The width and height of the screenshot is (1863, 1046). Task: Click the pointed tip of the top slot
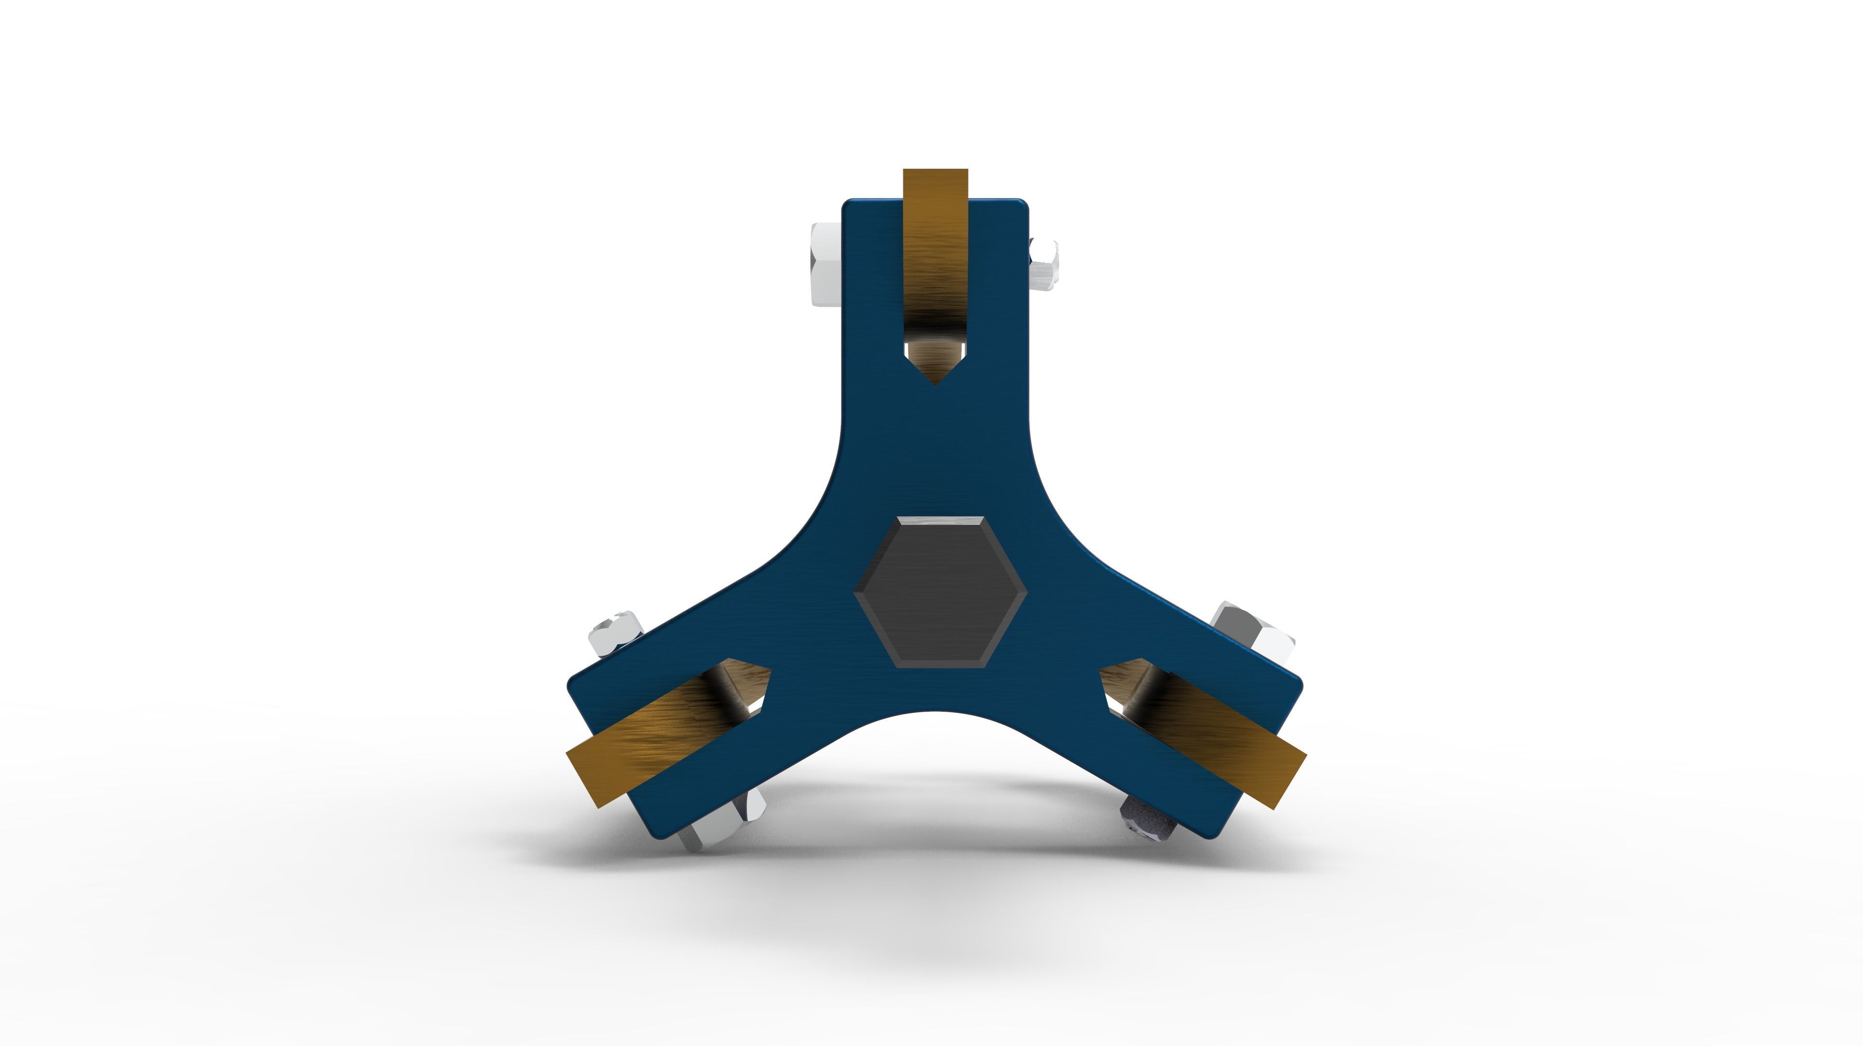click(935, 383)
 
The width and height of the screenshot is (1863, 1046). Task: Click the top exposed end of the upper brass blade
click(935, 174)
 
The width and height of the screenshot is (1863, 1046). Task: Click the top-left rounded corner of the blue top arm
click(848, 205)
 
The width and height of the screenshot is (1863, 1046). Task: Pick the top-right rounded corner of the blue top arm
click(1023, 205)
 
